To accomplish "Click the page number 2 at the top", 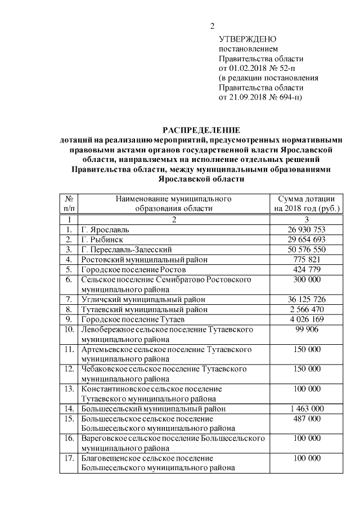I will click(x=212, y=26).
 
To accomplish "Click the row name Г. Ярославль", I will click(x=105, y=230).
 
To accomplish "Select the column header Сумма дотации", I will click(x=307, y=199).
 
